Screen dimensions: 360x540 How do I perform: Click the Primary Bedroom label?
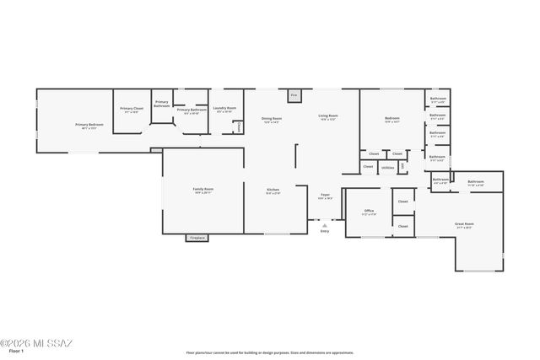[x=89, y=125]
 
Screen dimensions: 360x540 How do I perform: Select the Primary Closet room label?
[x=132, y=109]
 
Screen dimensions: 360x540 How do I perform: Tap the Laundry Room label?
[x=224, y=108]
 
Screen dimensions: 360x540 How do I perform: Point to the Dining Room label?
[x=272, y=119]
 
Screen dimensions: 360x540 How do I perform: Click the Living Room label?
[x=328, y=116]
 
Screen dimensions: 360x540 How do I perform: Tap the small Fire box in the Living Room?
[x=294, y=96]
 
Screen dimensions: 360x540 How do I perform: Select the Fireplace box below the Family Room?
[x=197, y=238]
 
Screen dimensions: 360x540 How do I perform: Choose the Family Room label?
[x=203, y=190]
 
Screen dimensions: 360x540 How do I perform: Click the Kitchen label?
[x=273, y=191]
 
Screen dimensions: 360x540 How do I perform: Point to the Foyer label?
[x=325, y=195]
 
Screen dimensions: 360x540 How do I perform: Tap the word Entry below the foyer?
[x=325, y=231]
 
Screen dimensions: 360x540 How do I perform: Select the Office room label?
[x=369, y=211]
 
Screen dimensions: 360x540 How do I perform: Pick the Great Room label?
[x=464, y=225]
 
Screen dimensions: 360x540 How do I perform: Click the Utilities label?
[x=387, y=168]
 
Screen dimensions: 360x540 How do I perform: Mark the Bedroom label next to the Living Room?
[x=392, y=119]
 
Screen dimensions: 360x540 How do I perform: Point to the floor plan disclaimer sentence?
[x=270, y=352]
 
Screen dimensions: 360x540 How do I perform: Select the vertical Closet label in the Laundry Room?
[x=239, y=126]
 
